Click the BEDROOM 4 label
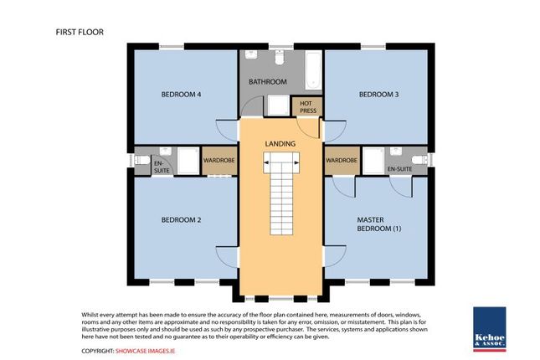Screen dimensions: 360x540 181,95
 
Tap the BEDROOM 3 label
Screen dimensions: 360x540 378,95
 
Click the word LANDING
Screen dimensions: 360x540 280,144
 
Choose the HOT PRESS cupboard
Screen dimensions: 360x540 301,106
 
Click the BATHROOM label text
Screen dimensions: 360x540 268,82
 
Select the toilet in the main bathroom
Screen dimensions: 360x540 278,59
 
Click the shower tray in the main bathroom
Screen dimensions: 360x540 275,105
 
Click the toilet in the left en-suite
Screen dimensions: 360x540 143,158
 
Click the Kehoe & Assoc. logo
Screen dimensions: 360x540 489,328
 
